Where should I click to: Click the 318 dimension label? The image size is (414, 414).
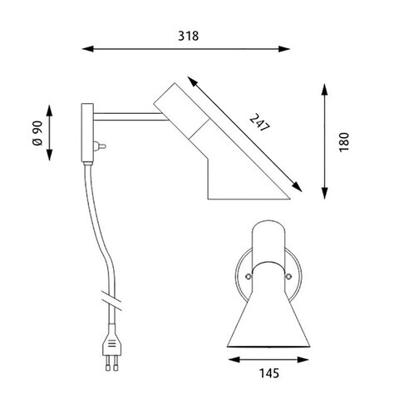tap(188, 36)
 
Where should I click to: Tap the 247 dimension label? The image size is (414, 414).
tap(259, 123)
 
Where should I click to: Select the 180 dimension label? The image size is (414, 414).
tap(344, 142)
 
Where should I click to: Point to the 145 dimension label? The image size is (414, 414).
tap(269, 373)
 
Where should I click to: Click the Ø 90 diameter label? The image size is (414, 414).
tap(37, 133)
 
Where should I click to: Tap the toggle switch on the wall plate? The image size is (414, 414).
tap(100, 146)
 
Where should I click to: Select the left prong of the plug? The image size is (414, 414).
tap(108, 363)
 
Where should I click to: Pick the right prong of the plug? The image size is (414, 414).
tap(116, 363)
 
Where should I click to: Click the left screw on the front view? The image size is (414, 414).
tap(249, 276)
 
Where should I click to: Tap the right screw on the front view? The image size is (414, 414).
tap(288, 276)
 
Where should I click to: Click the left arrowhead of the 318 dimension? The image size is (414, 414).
tap(87, 49)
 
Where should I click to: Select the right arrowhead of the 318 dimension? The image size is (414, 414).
tap(284, 49)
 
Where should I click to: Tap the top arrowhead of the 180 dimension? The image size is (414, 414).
tap(325, 89)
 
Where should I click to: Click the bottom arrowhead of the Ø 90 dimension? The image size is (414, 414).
tap(49, 155)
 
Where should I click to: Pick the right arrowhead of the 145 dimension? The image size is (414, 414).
tap(303, 360)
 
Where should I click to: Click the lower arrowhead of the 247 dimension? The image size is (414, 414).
tap(297, 186)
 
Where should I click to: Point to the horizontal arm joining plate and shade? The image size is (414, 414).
tap(130, 116)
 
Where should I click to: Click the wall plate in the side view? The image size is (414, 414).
tap(87, 132)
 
